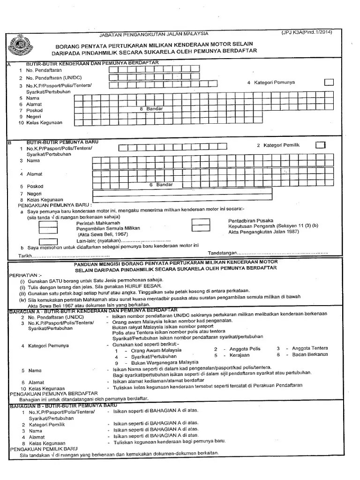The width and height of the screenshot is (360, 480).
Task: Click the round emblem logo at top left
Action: point(20,46)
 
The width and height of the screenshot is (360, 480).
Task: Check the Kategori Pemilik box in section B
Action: point(320,145)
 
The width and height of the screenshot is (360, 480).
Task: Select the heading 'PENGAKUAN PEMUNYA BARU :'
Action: point(55,205)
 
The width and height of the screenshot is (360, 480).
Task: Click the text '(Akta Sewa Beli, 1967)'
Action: point(103,234)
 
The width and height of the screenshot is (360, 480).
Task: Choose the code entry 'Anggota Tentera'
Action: point(310,348)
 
